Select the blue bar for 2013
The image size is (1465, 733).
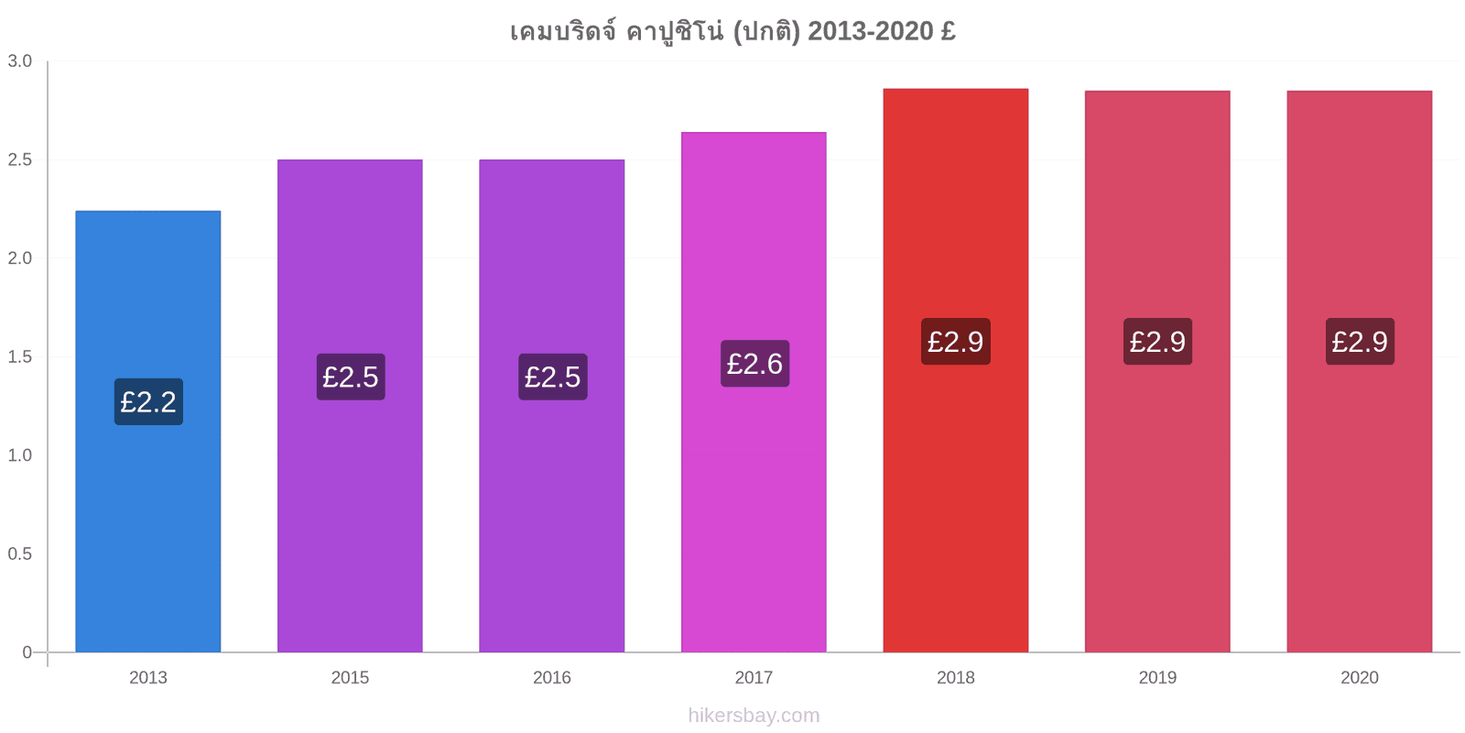click(x=147, y=432)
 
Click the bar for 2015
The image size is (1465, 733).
click(x=350, y=406)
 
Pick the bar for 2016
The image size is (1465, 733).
click(x=552, y=406)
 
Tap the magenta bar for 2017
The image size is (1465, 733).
click(x=754, y=392)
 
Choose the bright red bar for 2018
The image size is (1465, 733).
click(x=956, y=370)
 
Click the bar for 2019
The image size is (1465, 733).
click(x=1157, y=372)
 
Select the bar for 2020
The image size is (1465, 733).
click(x=1360, y=372)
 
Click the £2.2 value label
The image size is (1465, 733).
click(x=148, y=402)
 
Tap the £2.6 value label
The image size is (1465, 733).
click(x=754, y=364)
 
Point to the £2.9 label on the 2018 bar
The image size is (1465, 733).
click(x=956, y=342)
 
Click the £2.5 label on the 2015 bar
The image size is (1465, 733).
click(x=351, y=377)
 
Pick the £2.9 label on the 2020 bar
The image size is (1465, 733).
click(x=1360, y=342)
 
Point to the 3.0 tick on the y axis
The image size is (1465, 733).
click(x=19, y=60)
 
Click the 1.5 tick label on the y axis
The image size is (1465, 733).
click(x=19, y=356)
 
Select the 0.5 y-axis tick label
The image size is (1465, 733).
click(x=19, y=553)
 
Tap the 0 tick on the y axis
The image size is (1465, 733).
click(x=27, y=651)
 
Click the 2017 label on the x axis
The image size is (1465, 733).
click(x=754, y=677)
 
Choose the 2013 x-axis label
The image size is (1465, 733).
click(x=147, y=677)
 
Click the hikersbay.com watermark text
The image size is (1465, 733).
click(x=754, y=716)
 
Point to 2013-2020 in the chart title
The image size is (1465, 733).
click(x=871, y=31)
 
